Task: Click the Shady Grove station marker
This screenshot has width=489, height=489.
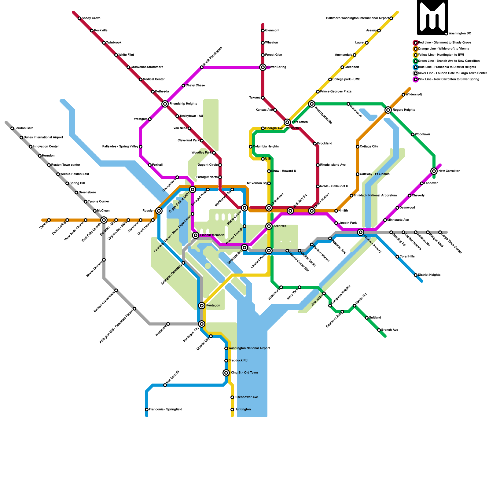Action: click(79, 18)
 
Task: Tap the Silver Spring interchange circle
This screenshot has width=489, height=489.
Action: click(263, 67)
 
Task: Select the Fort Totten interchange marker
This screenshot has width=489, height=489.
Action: click(287, 122)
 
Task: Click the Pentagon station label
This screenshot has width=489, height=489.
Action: click(213, 306)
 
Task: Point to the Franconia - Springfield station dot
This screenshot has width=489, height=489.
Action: click(147, 410)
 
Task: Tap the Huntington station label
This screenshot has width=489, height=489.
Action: click(243, 410)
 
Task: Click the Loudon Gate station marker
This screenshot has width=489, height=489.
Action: click(12, 128)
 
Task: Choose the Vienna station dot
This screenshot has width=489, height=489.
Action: click(49, 220)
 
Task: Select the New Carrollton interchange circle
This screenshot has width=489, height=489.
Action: click(434, 171)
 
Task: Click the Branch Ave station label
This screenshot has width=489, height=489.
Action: click(390, 330)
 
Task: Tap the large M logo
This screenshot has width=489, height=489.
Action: click(432, 17)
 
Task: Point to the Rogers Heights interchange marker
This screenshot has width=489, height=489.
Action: click(388, 110)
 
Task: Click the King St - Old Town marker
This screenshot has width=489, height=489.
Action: click(226, 373)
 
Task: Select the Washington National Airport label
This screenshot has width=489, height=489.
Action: click(249, 348)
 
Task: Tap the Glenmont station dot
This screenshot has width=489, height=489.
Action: click(263, 31)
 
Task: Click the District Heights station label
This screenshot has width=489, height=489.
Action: click(429, 275)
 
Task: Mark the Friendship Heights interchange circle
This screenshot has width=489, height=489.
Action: click(165, 104)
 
